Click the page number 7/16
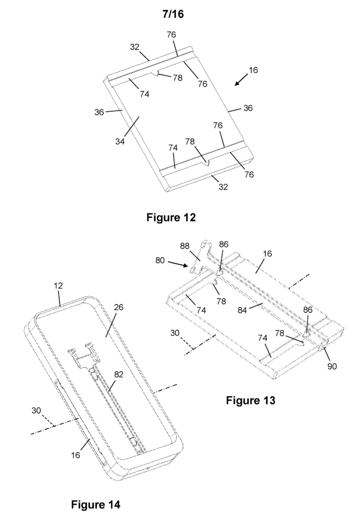point(173,14)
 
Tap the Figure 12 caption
point(171,218)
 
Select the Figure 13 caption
point(250,400)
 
